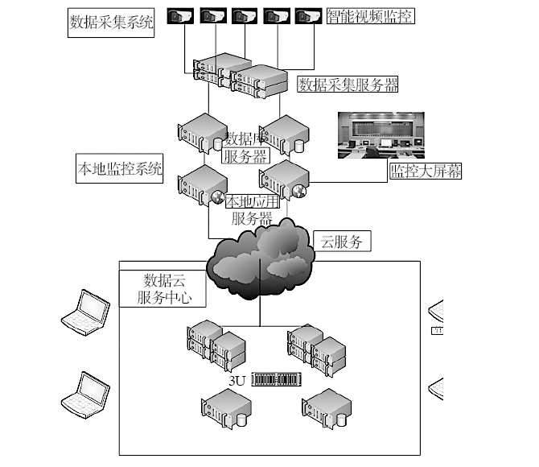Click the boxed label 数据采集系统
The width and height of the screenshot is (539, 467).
[x=110, y=23]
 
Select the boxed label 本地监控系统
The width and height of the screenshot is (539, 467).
[x=119, y=170]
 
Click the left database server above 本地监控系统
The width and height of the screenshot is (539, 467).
[x=199, y=134]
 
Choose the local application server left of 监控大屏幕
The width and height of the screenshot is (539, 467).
[x=282, y=181]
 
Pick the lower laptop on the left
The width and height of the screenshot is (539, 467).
[x=86, y=391]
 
